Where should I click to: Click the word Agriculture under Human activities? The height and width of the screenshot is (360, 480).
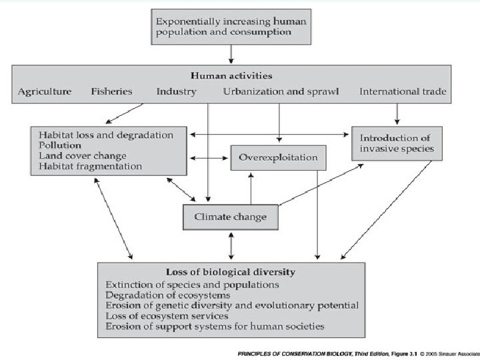tap(45, 91)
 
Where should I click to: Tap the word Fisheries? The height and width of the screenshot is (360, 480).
tap(112, 91)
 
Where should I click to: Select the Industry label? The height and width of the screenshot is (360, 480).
tap(176, 91)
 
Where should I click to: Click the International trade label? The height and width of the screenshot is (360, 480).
tap(403, 91)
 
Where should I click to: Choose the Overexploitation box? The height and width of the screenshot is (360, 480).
tap(279, 159)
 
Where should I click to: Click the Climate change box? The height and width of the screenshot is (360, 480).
tap(230, 217)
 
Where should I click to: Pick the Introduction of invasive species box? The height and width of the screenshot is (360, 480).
tap(397, 143)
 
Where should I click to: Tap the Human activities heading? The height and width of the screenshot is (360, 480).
tap(231, 75)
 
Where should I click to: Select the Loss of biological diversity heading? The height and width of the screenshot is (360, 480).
tap(230, 272)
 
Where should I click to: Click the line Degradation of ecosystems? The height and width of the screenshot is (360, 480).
tap(168, 295)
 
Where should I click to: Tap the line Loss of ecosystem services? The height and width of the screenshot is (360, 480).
tap(167, 316)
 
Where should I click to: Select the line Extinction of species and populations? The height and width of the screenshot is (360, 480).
tap(192, 284)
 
